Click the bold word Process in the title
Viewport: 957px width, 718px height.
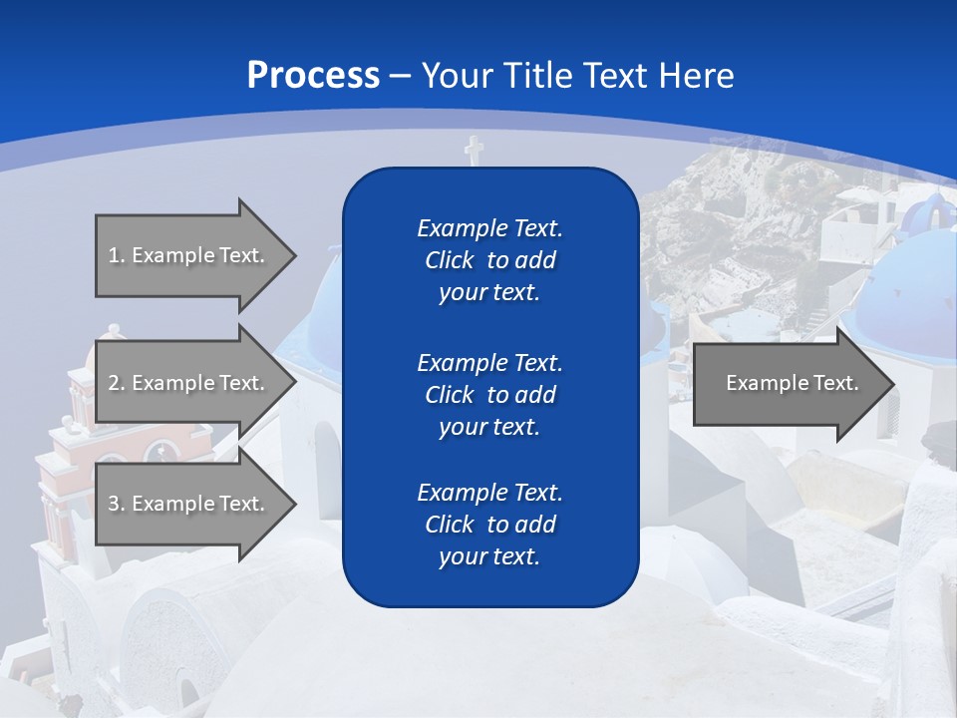pos(313,75)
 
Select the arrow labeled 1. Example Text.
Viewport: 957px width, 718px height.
pos(189,255)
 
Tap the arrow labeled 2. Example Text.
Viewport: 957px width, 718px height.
pos(189,383)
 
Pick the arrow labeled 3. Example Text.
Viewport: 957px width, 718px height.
pos(189,504)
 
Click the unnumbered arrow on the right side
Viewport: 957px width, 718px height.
pos(788,383)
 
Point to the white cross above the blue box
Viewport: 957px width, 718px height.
pos(474,151)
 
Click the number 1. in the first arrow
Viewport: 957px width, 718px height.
pos(116,255)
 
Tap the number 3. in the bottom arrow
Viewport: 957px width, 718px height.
pos(116,504)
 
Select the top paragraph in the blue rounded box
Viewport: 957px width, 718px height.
pos(489,260)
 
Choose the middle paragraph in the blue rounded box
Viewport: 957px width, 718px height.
pos(489,395)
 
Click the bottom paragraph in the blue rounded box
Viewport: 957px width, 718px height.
pos(489,525)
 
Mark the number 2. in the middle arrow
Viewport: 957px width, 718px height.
pos(116,383)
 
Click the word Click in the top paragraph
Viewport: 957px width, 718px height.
pos(449,260)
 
